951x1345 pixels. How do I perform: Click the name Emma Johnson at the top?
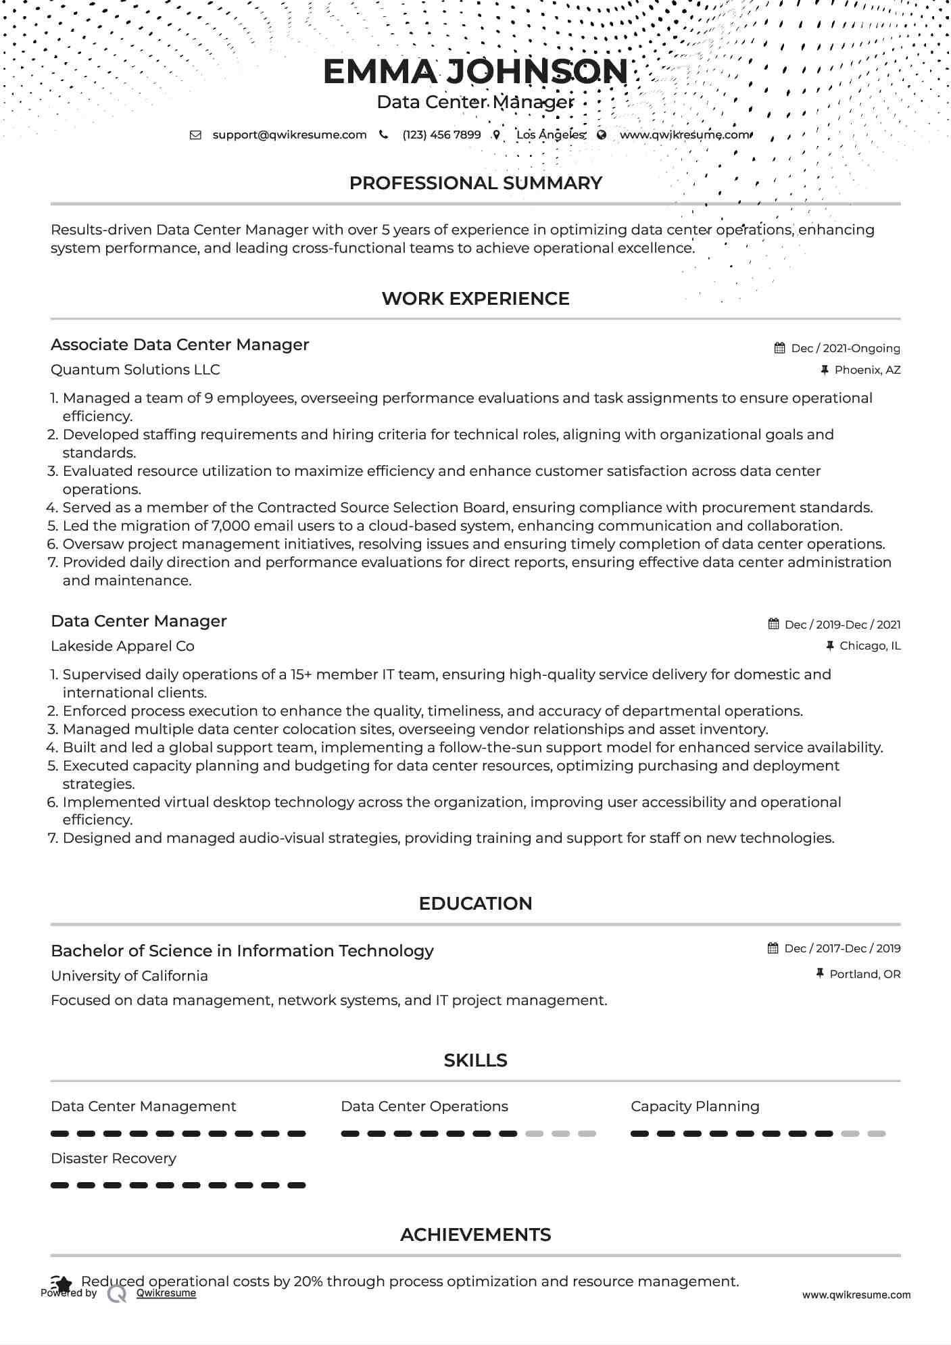click(475, 72)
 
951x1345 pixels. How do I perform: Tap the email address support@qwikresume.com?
click(289, 134)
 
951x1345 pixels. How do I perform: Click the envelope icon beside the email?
click(195, 134)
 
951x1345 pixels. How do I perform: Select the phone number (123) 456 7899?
click(441, 134)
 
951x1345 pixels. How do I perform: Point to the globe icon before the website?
click(602, 134)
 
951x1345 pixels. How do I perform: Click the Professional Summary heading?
click(475, 183)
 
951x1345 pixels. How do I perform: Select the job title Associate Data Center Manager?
click(180, 345)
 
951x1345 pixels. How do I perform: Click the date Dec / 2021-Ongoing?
click(845, 348)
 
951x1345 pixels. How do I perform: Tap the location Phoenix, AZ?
click(867, 370)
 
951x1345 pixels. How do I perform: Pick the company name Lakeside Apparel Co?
click(122, 646)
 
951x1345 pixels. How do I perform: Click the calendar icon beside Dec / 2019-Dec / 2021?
click(774, 624)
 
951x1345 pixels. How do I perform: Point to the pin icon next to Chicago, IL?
click(830, 645)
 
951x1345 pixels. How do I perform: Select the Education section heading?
click(475, 904)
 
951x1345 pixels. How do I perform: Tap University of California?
click(129, 976)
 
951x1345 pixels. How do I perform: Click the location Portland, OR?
click(864, 974)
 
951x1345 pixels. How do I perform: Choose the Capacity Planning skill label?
click(695, 1106)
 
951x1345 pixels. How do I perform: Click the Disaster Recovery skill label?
click(114, 1158)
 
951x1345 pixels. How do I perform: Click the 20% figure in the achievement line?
click(306, 1281)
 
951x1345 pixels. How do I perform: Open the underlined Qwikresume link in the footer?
click(166, 1293)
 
